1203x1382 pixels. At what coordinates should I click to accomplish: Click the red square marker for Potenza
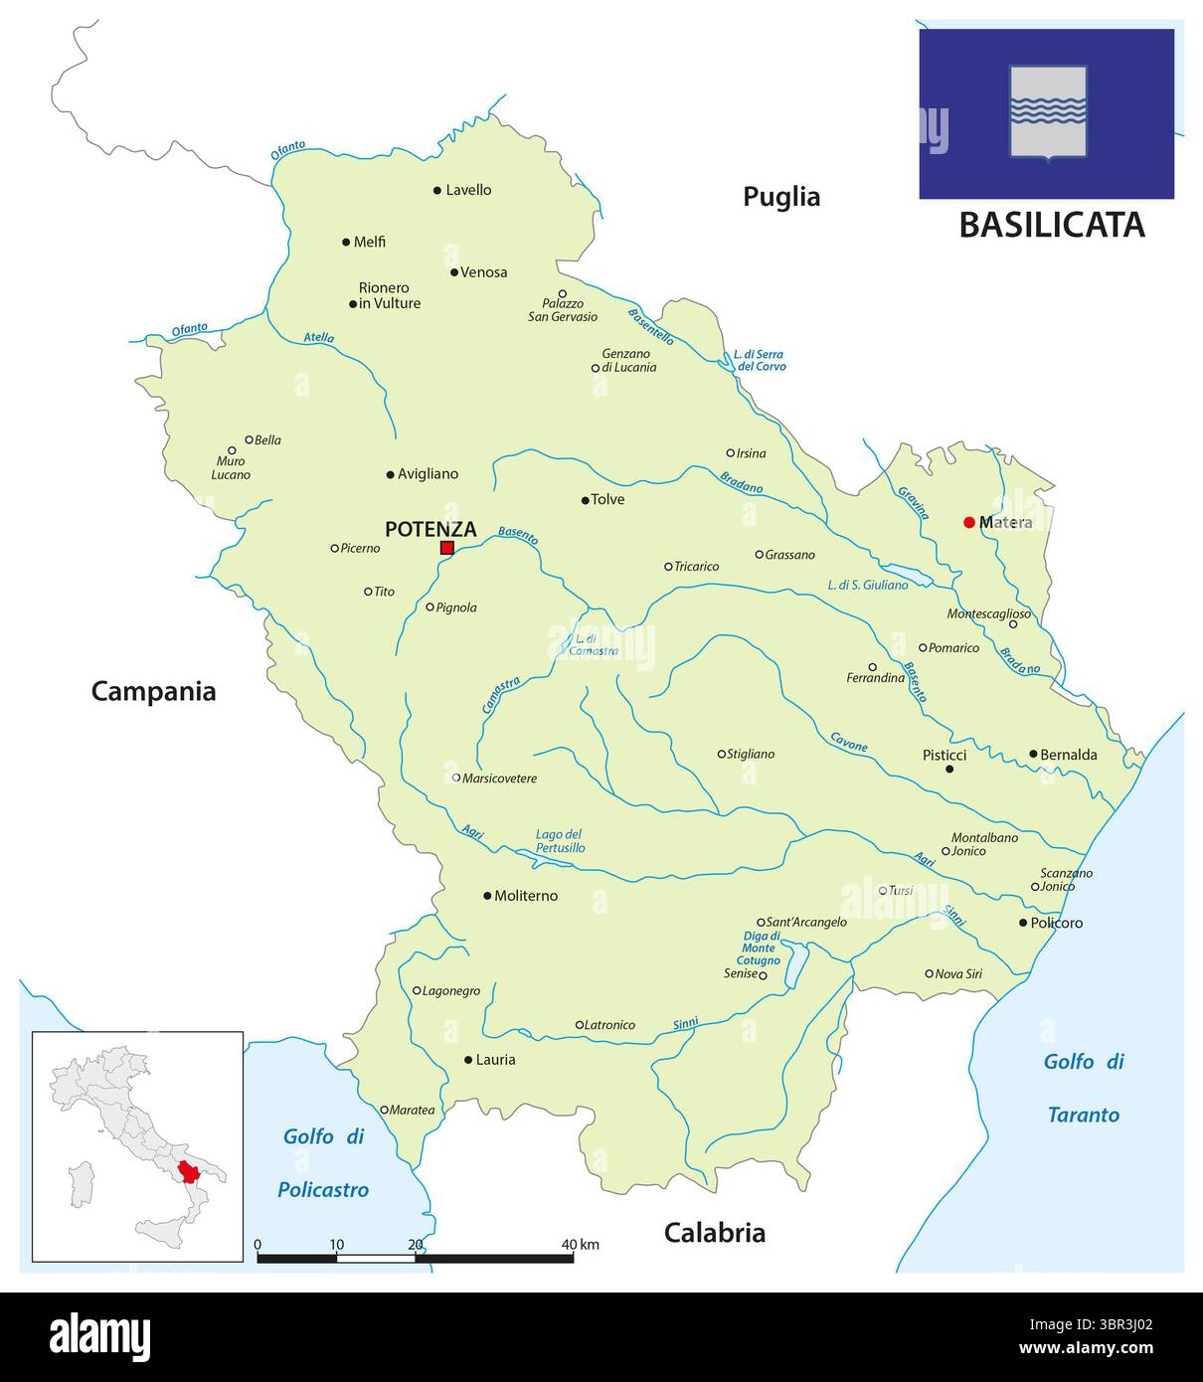click(x=447, y=548)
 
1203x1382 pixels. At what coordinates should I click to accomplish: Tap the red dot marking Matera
click(x=969, y=522)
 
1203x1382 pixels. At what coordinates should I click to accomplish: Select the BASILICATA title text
click(x=1052, y=225)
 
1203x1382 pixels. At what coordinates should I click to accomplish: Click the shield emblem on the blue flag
click(x=1048, y=111)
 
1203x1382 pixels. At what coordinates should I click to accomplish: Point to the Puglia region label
click(x=781, y=197)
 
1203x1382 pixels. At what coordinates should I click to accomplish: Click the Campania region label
click(x=153, y=691)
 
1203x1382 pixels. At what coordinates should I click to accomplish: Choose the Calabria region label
click(x=715, y=1233)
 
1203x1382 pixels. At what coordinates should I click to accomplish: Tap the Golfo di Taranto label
click(x=1084, y=1088)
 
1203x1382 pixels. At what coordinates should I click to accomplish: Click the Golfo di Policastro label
click(x=324, y=1162)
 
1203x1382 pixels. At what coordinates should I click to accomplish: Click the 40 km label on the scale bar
click(x=580, y=1244)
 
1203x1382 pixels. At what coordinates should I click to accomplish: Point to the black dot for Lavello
click(x=437, y=190)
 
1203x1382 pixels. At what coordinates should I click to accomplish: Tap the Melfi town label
click(x=370, y=242)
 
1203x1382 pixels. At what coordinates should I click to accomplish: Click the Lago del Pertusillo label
click(x=560, y=841)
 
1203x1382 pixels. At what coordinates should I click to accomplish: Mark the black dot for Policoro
click(x=1023, y=923)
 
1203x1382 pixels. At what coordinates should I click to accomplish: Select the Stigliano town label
click(x=751, y=754)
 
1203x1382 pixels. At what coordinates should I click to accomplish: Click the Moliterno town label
click(x=527, y=896)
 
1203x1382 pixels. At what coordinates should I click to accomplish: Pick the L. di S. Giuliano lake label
click(x=867, y=585)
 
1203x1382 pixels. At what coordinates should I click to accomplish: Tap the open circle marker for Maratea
click(x=385, y=1110)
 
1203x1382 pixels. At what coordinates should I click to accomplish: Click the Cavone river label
click(x=848, y=742)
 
